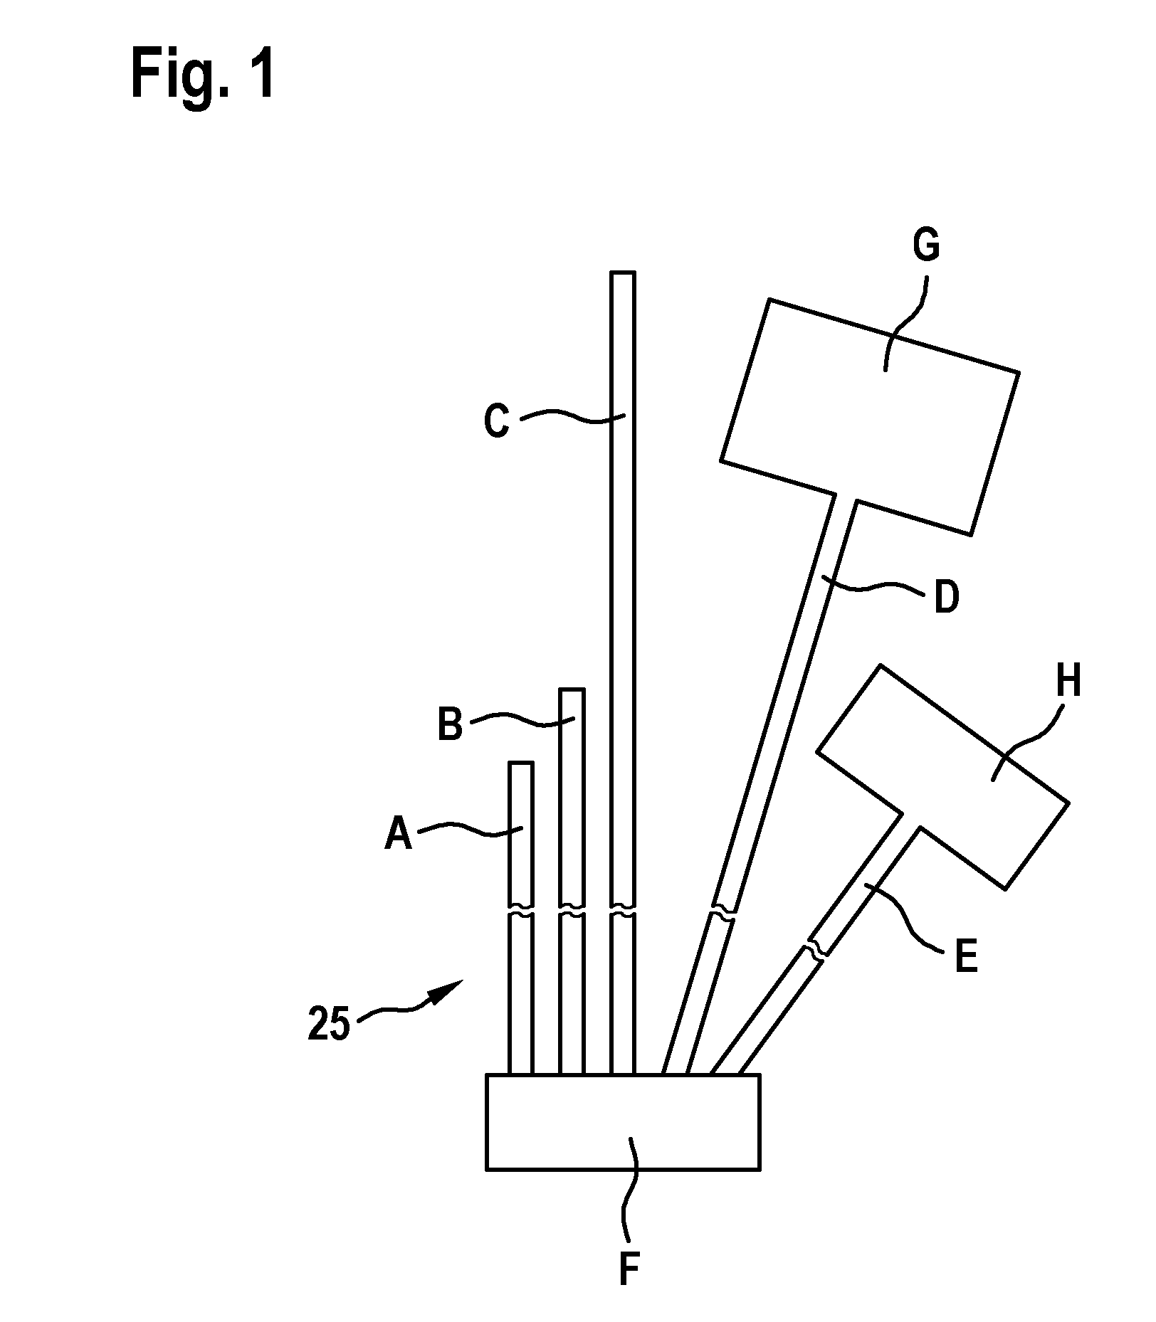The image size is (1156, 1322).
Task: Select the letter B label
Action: (x=450, y=726)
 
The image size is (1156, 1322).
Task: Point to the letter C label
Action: (x=496, y=421)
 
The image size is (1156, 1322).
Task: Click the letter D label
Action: (x=946, y=597)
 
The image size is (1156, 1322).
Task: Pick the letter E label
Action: (x=966, y=957)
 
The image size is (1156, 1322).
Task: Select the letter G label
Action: (x=926, y=245)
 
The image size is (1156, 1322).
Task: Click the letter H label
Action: (x=1068, y=681)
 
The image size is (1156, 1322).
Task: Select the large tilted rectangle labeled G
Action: (x=870, y=416)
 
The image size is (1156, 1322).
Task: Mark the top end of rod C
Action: (x=623, y=273)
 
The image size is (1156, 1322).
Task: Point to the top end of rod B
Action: (x=572, y=689)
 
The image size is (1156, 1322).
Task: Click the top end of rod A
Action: (x=520, y=763)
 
